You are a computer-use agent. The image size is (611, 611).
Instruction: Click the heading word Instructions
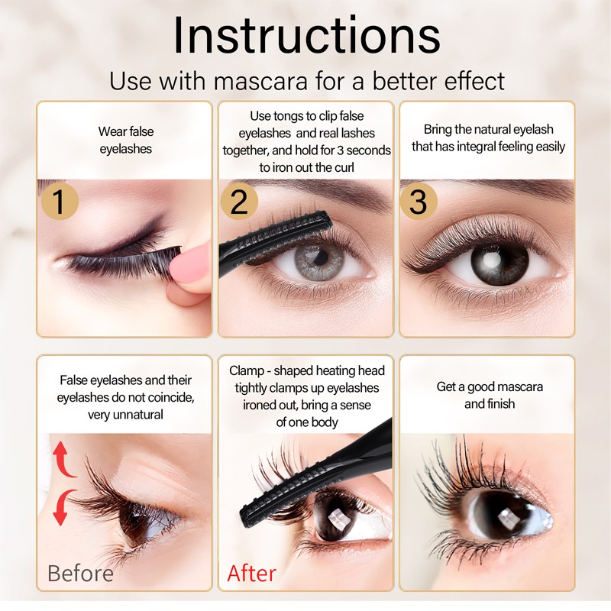(306, 34)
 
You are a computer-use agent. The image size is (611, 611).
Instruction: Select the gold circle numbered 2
(239, 202)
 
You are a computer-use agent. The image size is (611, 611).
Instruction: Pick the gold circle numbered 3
(418, 202)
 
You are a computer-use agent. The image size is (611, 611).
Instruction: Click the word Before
(80, 574)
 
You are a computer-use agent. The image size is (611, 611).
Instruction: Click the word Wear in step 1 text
(112, 131)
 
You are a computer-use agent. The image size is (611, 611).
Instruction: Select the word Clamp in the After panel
(247, 371)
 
